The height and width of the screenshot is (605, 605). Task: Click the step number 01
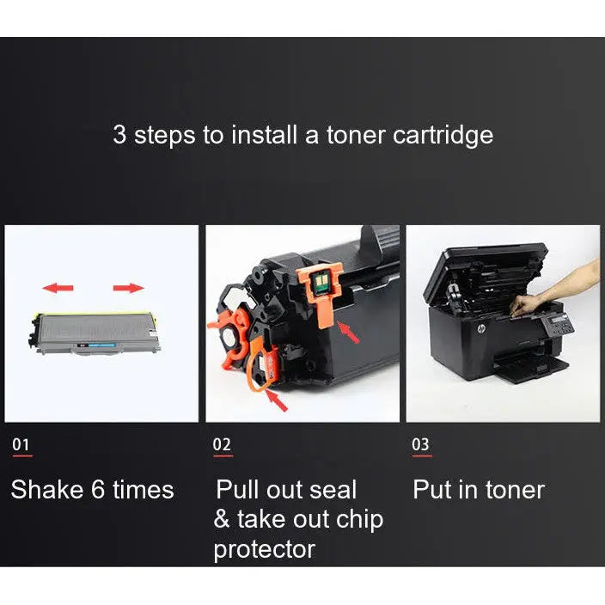click(21, 444)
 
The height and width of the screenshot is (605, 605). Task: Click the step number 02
click(222, 444)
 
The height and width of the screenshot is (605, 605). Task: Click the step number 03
click(421, 444)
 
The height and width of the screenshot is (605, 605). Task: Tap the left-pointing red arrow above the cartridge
click(58, 288)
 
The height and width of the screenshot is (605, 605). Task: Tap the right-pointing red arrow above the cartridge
click(129, 288)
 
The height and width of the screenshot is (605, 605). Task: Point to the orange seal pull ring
click(260, 370)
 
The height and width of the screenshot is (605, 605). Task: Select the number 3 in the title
click(119, 135)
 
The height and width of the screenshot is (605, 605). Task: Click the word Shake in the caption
click(46, 490)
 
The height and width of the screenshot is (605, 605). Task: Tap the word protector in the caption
click(264, 549)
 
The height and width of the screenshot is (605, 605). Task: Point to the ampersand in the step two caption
click(222, 520)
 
